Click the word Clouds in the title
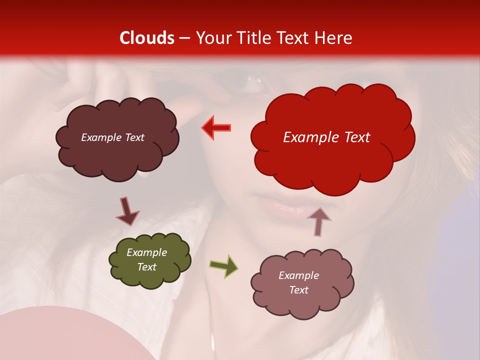(x=146, y=38)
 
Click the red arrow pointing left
(x=216, y=127)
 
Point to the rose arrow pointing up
(x=318, y=221)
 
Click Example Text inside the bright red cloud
(x=326, y=137)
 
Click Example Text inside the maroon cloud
(x=112, y=137)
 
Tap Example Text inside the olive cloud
(x=146, y=260)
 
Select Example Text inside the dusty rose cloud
(x=298, y=282)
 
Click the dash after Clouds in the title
(x=184, y=38)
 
